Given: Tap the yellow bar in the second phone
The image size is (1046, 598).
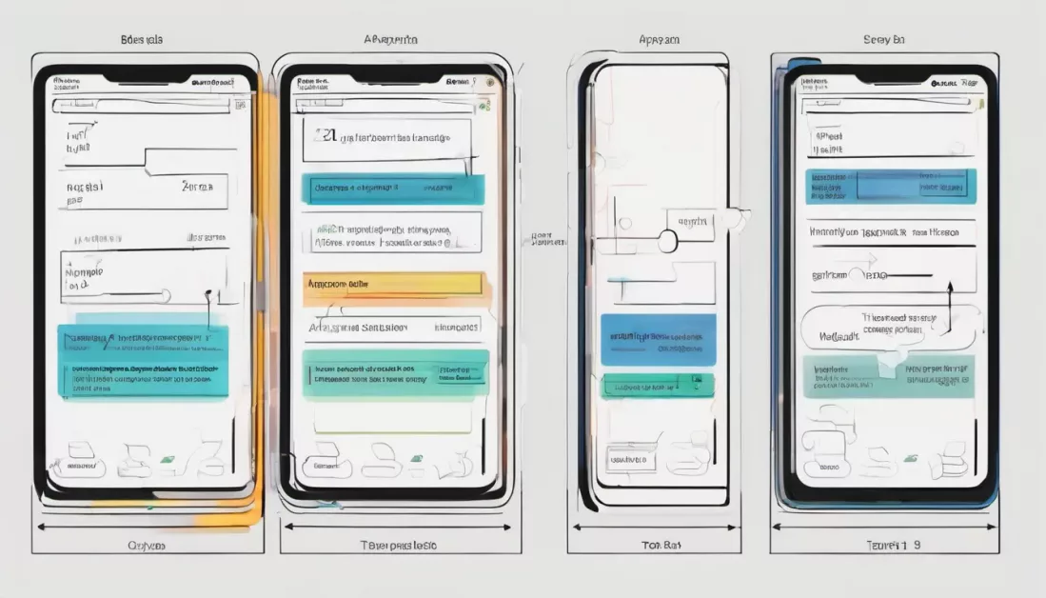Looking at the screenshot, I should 393,284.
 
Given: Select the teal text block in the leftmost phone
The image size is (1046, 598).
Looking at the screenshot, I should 144,363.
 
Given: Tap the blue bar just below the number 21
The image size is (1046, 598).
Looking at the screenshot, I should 393,189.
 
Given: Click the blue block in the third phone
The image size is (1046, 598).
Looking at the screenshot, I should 658,340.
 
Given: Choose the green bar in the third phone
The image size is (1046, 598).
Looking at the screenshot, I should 657,385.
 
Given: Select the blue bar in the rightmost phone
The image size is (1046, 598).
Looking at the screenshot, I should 891,187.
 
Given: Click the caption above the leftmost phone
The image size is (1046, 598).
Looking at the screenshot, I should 142,40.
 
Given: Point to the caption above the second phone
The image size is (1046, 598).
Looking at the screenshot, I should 390,40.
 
